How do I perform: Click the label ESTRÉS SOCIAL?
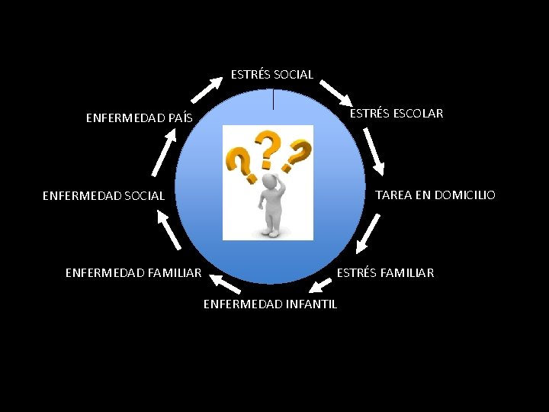(272, 75)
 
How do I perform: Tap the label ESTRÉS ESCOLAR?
(396, 114)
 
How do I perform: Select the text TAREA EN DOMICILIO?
(435, 195)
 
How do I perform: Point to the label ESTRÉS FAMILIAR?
(385, 272)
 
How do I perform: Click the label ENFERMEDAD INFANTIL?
(270, 304)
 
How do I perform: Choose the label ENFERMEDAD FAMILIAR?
(133, 272)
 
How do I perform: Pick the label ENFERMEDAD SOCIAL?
(103, 196)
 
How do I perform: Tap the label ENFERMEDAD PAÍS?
(139, 118)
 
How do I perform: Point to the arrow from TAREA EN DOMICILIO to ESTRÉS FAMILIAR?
(368, 233)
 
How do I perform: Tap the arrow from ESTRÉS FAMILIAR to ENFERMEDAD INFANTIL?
(320, 286)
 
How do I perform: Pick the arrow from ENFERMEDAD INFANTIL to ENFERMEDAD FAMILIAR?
(224, 283)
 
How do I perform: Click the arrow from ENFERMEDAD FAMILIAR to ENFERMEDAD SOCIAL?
(169, 229)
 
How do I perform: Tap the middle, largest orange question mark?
(267, 149)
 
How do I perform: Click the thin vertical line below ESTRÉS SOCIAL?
(273, 99)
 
